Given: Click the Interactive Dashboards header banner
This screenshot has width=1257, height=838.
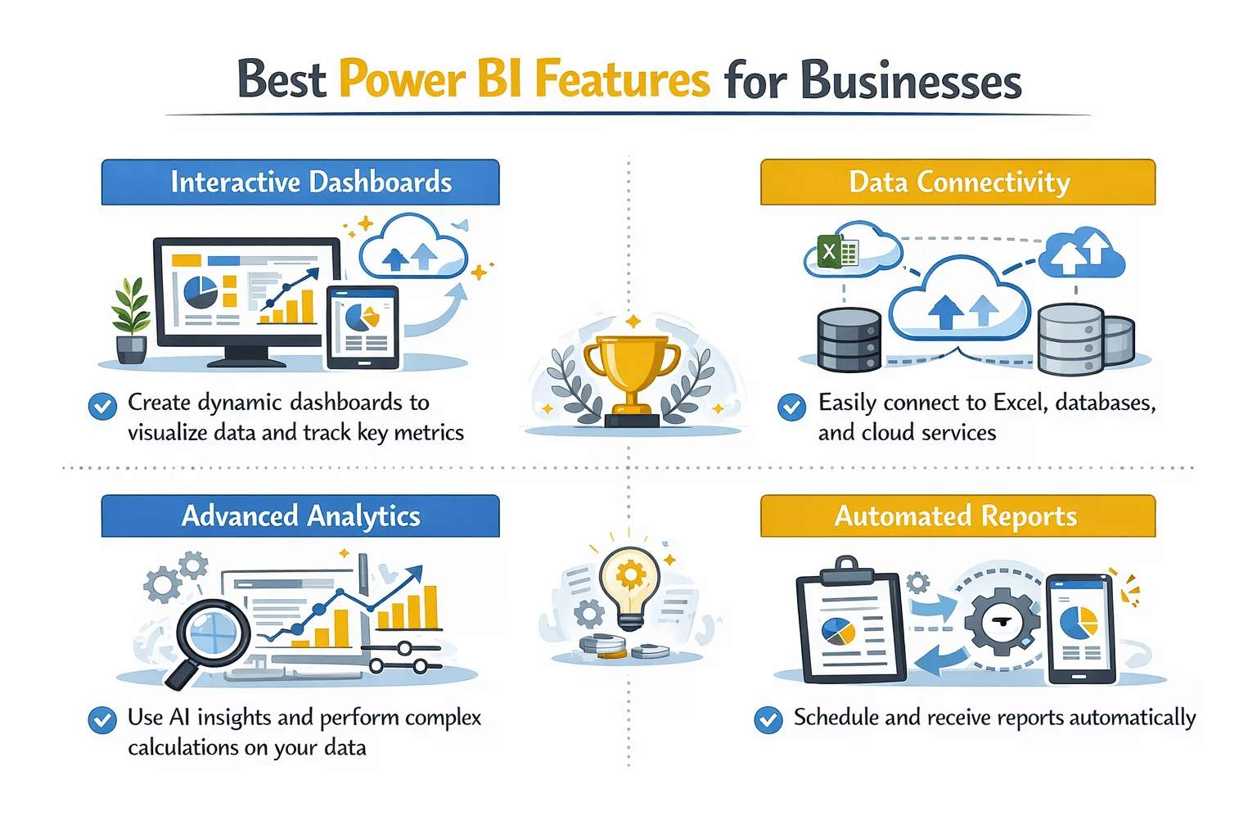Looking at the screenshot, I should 300,182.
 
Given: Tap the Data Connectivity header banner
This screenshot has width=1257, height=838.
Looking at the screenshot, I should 957,182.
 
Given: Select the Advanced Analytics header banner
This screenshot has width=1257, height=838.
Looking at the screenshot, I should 300,516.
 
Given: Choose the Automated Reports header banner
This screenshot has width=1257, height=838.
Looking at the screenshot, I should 957,516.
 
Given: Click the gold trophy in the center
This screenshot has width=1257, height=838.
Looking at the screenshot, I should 632,372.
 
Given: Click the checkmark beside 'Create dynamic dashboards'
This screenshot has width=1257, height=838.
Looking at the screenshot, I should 102,406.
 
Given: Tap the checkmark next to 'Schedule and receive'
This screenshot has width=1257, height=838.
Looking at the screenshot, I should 768,719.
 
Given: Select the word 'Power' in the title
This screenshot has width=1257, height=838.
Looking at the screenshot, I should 402,80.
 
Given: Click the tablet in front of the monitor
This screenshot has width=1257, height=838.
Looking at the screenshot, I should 363,326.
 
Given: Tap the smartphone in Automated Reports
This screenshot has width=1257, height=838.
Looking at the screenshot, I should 1080,628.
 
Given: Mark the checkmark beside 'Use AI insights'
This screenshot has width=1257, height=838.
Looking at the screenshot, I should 102,720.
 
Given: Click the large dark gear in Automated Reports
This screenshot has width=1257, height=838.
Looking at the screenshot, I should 1002,622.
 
